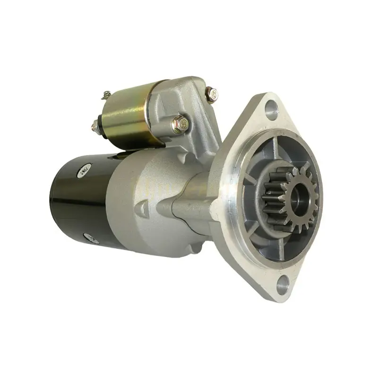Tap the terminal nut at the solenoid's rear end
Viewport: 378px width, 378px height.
point(94,125)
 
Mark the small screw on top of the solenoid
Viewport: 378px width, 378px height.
point(106,94)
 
